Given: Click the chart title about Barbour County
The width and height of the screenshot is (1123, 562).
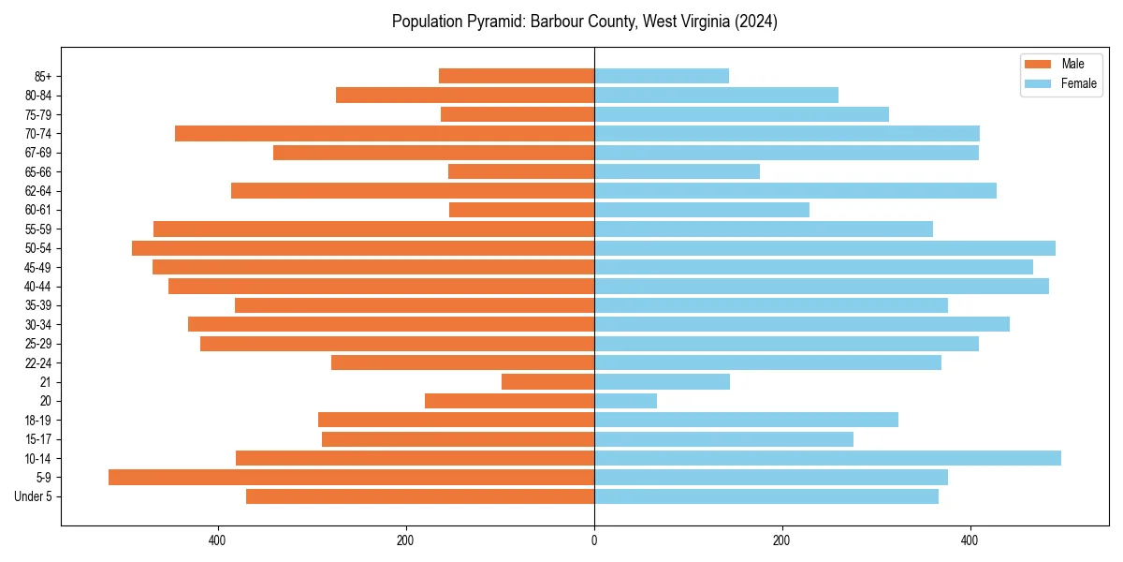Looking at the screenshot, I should (584, 22).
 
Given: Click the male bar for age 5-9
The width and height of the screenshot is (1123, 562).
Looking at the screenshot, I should (351, 478).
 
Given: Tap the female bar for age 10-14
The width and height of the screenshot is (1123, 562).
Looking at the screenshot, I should (827, 458).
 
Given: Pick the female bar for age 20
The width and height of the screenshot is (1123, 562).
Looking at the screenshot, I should (625, 401).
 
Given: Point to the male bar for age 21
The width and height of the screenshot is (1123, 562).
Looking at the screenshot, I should (547, 381).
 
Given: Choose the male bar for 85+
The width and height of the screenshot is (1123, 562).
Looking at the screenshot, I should (516, 76).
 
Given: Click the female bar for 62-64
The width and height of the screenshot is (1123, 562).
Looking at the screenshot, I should (795, 190).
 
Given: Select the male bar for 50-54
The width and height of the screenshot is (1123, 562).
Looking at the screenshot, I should (363, 248).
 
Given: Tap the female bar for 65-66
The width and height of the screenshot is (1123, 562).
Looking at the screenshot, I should (677, 171).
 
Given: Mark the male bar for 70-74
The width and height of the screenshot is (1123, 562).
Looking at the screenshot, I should (385, 133).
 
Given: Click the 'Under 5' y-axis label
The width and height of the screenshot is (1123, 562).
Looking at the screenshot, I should (33, 496).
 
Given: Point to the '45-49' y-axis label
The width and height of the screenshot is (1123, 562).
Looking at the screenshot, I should (38, 267).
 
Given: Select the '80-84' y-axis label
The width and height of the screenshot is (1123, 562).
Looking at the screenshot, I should (38, 95).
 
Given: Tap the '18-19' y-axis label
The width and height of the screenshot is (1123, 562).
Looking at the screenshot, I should (38, 420).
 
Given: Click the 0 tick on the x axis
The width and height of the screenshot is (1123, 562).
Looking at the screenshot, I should (594, 540).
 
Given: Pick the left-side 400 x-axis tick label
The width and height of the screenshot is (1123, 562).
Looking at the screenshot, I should (217, 540).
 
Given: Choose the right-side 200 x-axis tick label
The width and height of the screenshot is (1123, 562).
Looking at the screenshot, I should (782, 540).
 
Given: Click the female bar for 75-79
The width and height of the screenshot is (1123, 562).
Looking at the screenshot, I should (741, 114).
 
